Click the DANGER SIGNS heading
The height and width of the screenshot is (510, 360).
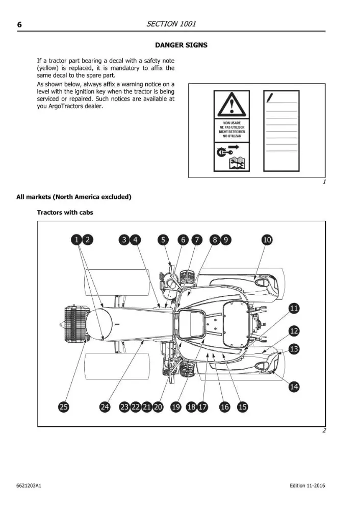click(181, 45)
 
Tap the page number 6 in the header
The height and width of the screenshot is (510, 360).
click(19, 24)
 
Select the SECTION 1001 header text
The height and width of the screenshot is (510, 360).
click(171, 24)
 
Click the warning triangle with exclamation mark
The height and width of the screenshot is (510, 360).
click(232, 105)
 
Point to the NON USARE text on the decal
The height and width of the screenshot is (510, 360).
click(232, 123)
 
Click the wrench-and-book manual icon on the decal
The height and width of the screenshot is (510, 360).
click(237, 163)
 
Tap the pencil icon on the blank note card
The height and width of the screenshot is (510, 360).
click(270, 97)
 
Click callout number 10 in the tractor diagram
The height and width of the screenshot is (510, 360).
click(267, 240)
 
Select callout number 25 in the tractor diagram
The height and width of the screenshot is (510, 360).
click(64, 407)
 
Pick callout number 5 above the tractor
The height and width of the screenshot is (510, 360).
click(163, 240)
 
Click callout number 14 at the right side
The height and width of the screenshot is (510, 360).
click(294, 387)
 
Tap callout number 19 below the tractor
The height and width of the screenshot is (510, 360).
click(176, 407)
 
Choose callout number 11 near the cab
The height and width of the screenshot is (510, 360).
click(294, 308)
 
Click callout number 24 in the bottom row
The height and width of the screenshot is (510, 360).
click(105, 407)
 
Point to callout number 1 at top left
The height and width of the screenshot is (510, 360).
click(76, 240)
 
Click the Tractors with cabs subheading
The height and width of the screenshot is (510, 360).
click(65, 212)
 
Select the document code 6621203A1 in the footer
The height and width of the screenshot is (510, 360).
click(29, 486)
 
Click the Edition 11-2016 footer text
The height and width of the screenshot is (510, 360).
click(307, 486)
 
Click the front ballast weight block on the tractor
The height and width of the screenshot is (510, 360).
click(75, 324)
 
